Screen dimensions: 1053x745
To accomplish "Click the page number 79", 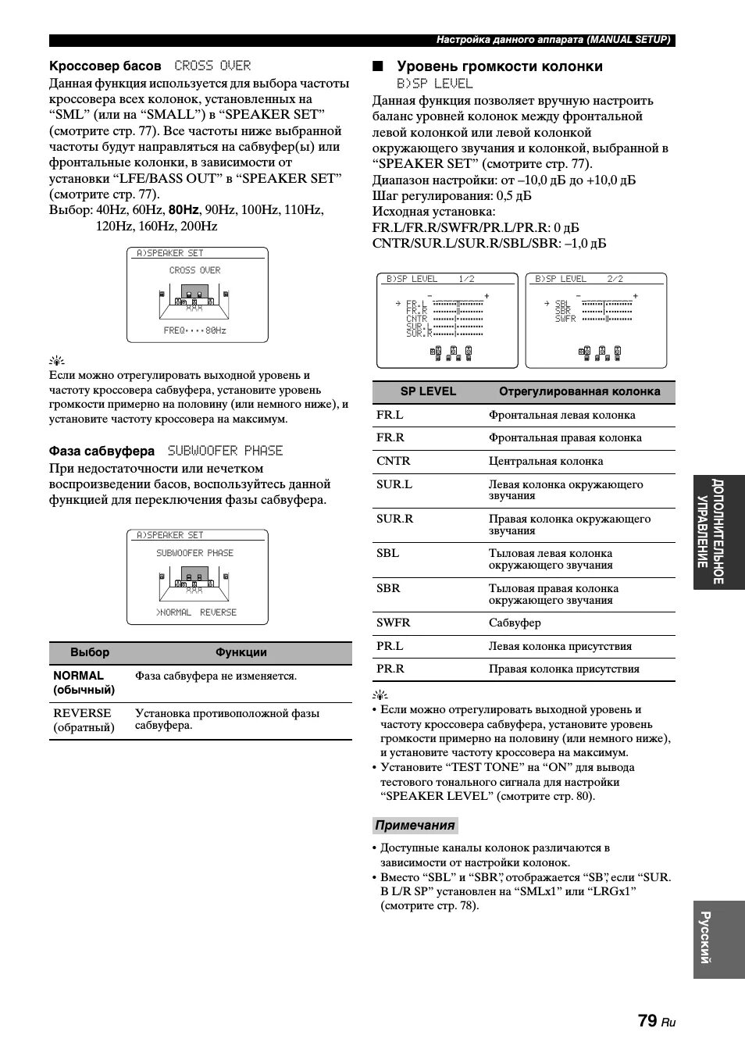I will tap(647, 1020).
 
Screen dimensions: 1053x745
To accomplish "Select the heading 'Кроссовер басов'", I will tap(105, 66).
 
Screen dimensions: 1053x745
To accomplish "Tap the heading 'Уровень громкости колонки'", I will tap(500, 66).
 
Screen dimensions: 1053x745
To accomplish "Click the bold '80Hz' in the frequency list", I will tap(184, 210).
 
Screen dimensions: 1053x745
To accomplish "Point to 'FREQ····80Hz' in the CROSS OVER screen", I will tap(195, 330).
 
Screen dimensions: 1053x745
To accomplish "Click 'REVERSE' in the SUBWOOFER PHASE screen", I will tap(218, 612).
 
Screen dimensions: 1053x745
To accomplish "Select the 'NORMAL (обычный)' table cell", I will tap(84, 683).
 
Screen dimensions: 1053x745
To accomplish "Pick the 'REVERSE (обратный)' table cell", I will tap(84, 720).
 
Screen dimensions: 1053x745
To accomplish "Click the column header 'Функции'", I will tap(241, 652).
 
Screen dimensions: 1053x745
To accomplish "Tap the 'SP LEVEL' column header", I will tap(428, 391).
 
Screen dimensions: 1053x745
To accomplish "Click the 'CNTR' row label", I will tap(393, 461).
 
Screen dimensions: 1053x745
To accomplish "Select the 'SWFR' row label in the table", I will tap(393, 623).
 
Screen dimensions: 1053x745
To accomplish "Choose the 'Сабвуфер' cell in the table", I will tap(515, 623).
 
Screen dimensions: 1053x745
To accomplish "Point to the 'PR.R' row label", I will tap(390, 669).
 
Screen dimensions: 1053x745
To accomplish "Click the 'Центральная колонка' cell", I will tap(546, 461).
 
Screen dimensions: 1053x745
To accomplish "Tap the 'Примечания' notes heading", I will tap(415, 826).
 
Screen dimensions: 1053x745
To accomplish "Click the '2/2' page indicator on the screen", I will tap(615, 279).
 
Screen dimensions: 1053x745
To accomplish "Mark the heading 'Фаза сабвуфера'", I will tap(102, 451).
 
